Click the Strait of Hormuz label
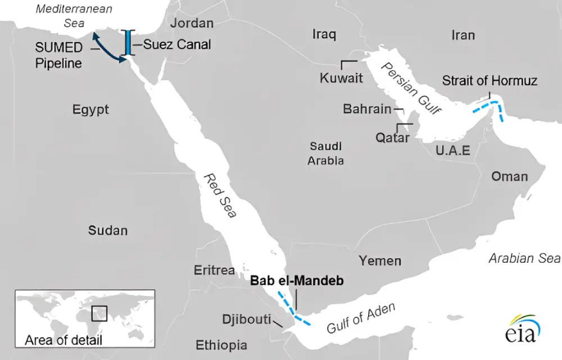click(490, 81)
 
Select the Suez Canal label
click(177, 44)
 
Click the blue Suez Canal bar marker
click(129, 43)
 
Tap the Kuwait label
click(341, 78)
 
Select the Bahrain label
click(367, 109)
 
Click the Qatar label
click(393, 137)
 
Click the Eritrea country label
click(214, 270)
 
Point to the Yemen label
click(380, 261)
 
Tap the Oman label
click(510, 176)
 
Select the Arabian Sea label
click(524, 258)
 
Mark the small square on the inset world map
click(99, 313)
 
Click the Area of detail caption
click(64, 340)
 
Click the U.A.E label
click(452, 150)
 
